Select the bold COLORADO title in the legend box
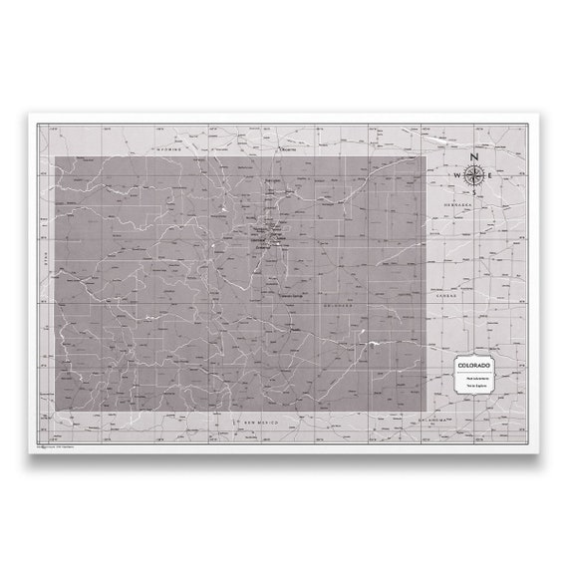tap(474, 366)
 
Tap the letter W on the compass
tap(458, 175)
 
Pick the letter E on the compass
tap(490, 175)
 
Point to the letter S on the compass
tap(474, 191)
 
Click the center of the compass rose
tap(474, 175)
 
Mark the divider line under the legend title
tap(474, 372)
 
